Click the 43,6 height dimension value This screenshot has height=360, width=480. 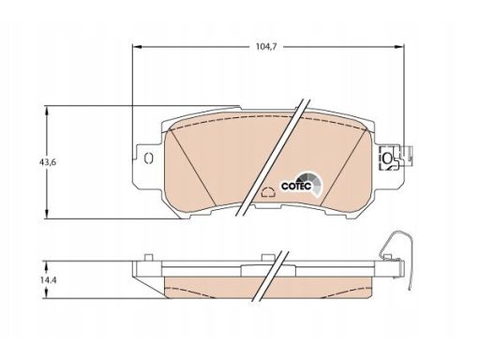point(48,162)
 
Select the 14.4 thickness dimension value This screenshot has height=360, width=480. point(48,280)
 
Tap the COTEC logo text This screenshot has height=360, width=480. point(296,187)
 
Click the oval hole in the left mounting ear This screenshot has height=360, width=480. point(148,158)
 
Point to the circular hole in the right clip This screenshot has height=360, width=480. point(387,158)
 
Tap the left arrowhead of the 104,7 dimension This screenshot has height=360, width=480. point(137,47)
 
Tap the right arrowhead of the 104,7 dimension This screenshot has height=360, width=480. point(399,47)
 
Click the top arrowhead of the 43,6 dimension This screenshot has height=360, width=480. point(47,111)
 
